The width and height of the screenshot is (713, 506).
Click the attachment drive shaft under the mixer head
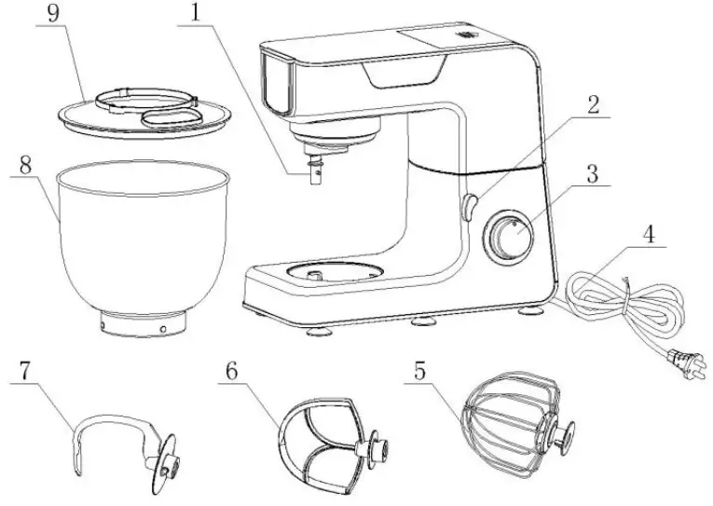pyautogui.click(x=314, y=173)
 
